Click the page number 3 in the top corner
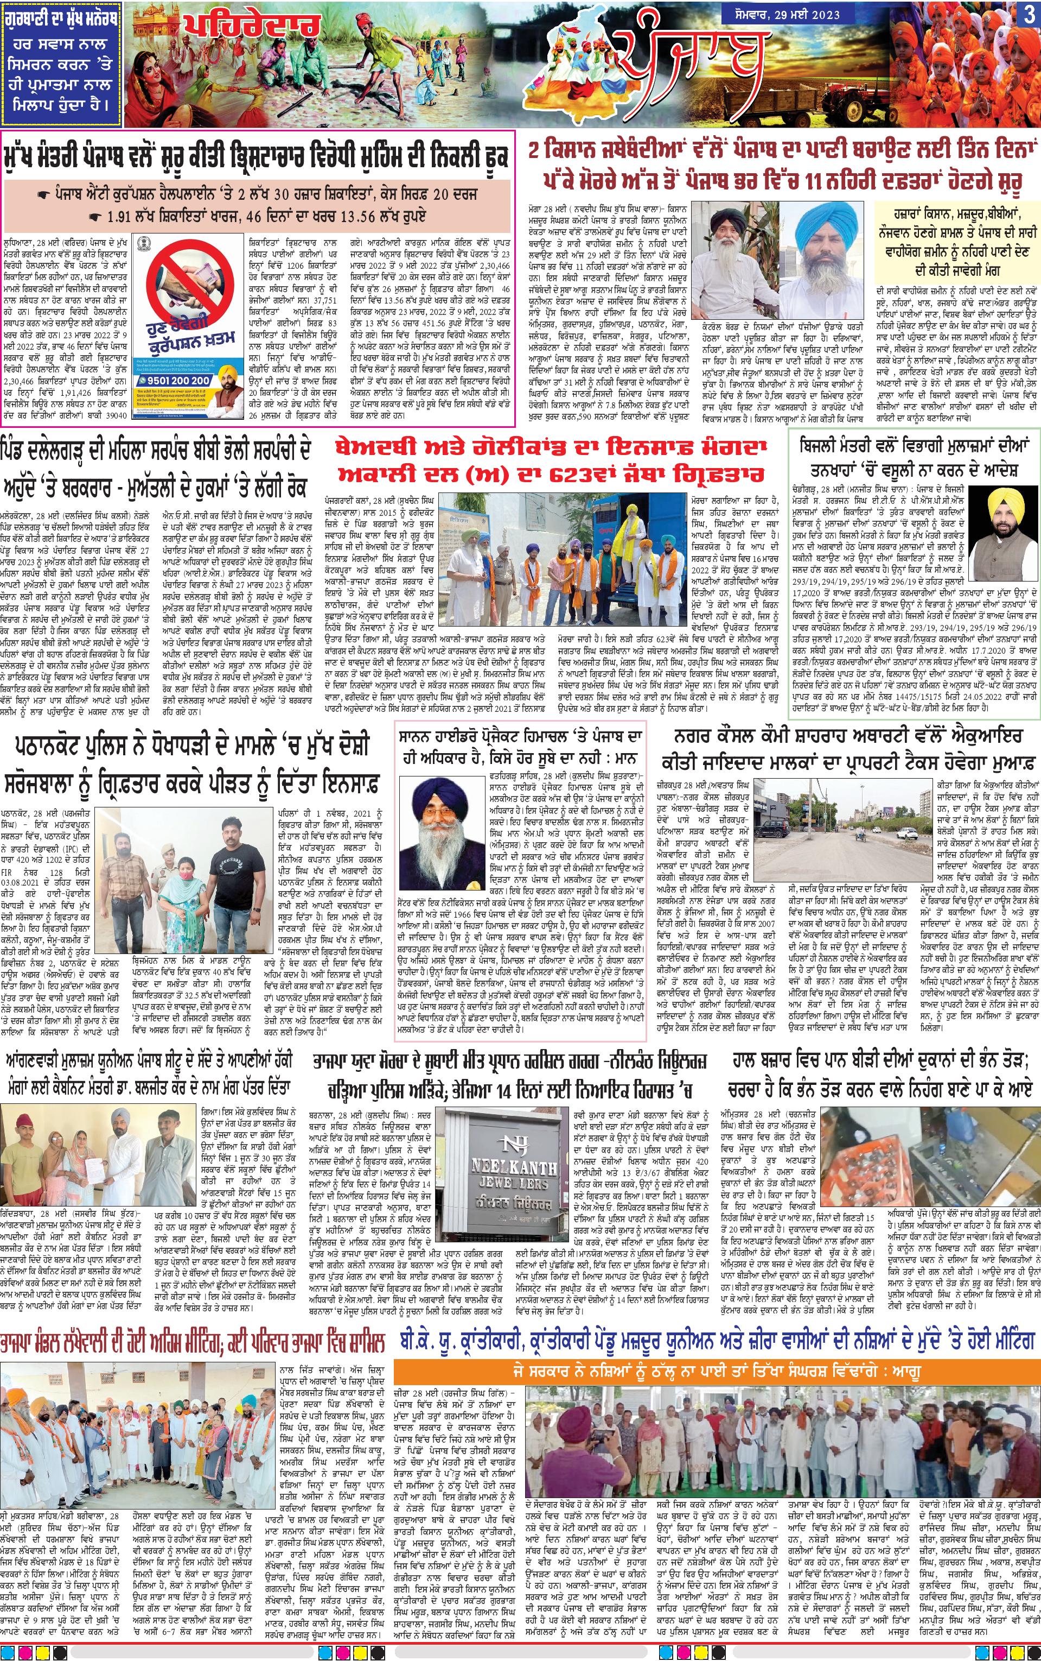[x=1029, y=15]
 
